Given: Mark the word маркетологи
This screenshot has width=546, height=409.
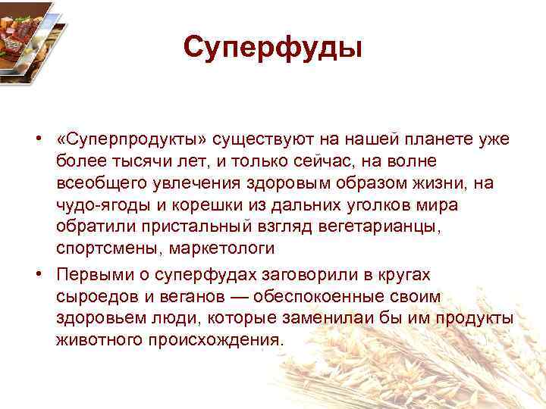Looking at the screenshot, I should tap(221, 249).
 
